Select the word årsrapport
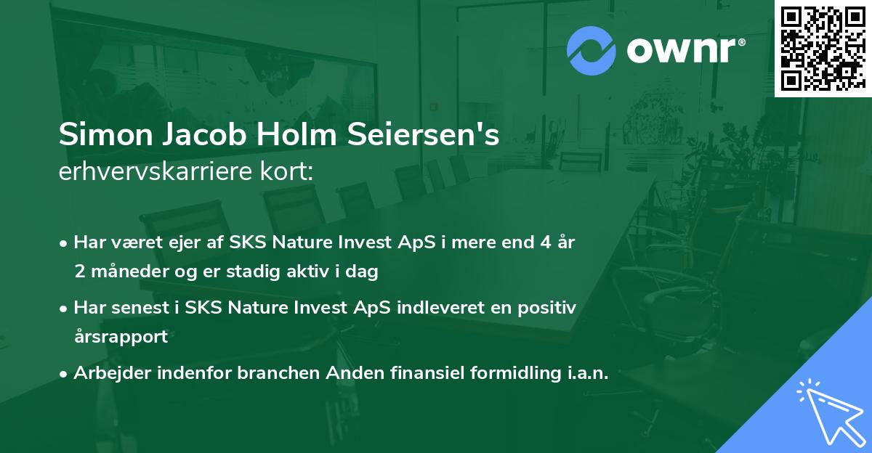pyautogui.click(x=121, y=337)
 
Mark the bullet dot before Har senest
pyautogui.click(x=65, y=308)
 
